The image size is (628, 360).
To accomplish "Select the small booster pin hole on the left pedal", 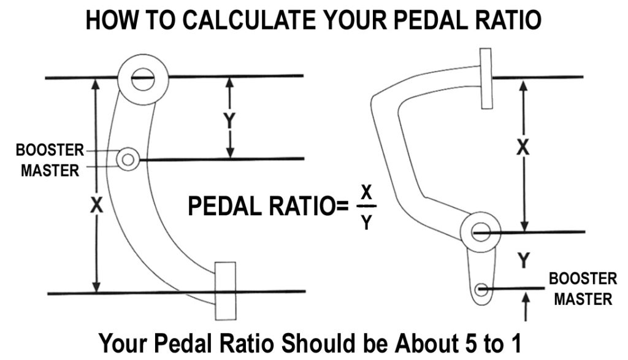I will pyautogui.click(x=128, y=159).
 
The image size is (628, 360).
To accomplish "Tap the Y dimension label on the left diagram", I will pyautogui.click(x=229, y=121).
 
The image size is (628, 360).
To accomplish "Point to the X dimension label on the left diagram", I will pyautogui.click(x=95, y=207).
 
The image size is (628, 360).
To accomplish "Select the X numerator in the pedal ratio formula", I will pyautogui.click(x=366, y=193).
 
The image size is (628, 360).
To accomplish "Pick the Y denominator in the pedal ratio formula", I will pyautogui.click(x=366, y=222).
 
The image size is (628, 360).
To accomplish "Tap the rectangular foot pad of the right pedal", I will pyautogui.click(x=486, y=78).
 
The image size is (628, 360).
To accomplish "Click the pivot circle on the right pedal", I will pyautogui.click(x=481, y=232).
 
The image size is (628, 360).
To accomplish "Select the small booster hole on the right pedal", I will pyautogui.click(x=481, y=288).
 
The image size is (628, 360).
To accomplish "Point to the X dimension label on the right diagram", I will pyautogui.click(x=523, y=148).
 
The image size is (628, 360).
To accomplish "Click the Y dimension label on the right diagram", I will pyautogui.click(x=523, y=261).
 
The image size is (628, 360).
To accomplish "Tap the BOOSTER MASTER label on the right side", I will pyautogui.click(x=582, y=289).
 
